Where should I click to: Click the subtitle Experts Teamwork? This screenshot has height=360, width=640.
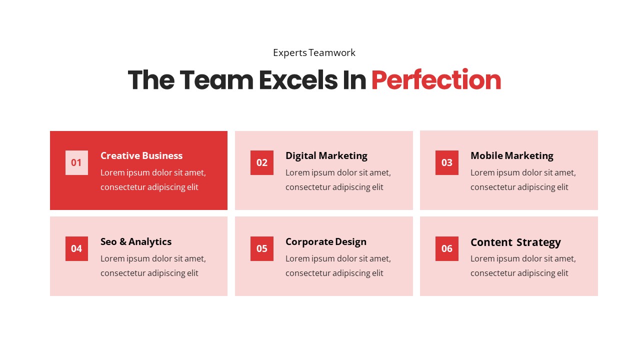[x=314, y=52]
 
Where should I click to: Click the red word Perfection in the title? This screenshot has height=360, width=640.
[x=436, y=80]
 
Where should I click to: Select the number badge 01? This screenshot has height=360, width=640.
[x=76, y=162]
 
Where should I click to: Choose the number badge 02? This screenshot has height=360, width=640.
[x=262, y=162]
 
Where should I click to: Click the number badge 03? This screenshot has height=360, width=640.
[x=447, y=162]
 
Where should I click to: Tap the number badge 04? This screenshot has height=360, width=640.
[x=76, y=248]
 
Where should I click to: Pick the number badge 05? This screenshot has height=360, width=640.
[x=262, y=248]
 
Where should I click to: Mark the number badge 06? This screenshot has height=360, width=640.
[x=447, y=248]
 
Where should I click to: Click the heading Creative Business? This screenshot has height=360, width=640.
[x=141, y=155]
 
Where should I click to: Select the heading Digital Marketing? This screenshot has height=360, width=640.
[x=326, y=155]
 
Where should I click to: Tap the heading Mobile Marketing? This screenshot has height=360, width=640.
[x=512, y=155]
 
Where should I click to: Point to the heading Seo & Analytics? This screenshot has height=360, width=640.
[x=136, y=241]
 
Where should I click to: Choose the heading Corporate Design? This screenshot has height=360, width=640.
[x=326, y=241]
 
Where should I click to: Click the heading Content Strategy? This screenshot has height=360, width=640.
[x=515, y=242]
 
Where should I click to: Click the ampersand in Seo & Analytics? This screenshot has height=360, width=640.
[x=123, y=242]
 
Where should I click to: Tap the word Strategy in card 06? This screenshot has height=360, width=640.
[x=538, y=242]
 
